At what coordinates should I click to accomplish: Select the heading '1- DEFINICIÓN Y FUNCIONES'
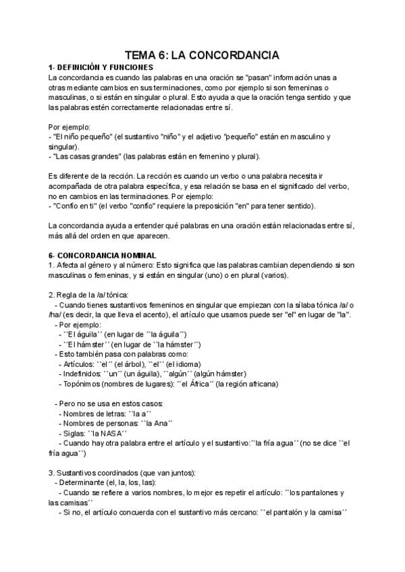pyautogui.click(x=101, y=67)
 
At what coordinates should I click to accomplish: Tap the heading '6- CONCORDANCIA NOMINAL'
pyautogui.click(x=103, y=255)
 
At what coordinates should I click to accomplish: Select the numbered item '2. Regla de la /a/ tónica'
pyautogui.click(x=92, y=294)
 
